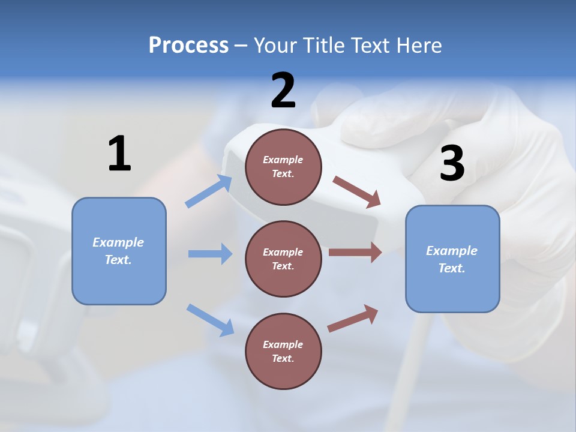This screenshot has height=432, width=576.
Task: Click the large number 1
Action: [119, 154]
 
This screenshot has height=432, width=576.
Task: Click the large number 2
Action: [283, 91]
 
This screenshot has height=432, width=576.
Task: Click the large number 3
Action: [452, 163]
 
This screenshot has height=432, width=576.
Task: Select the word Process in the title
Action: [188, 45]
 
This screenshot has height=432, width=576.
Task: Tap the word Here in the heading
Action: [419, 45]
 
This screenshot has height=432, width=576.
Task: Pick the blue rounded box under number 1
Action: [119, 251]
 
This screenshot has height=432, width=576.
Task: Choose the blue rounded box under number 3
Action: [452, 259]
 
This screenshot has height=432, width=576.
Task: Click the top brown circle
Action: [283, 167]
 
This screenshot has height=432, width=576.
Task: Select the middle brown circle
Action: [283, 259]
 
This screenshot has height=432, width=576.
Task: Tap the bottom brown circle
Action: [283, 351]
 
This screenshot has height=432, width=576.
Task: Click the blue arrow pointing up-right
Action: [209, 191]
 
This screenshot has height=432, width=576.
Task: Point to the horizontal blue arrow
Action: [210, 254]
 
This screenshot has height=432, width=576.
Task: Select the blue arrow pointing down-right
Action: [210, 320]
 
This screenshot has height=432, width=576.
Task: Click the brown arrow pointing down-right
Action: [357, 192]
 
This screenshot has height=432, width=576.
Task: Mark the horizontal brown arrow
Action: [355, 253]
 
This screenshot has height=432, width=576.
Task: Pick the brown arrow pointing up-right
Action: [353, 319]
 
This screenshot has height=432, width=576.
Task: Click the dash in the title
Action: [241, 46]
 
